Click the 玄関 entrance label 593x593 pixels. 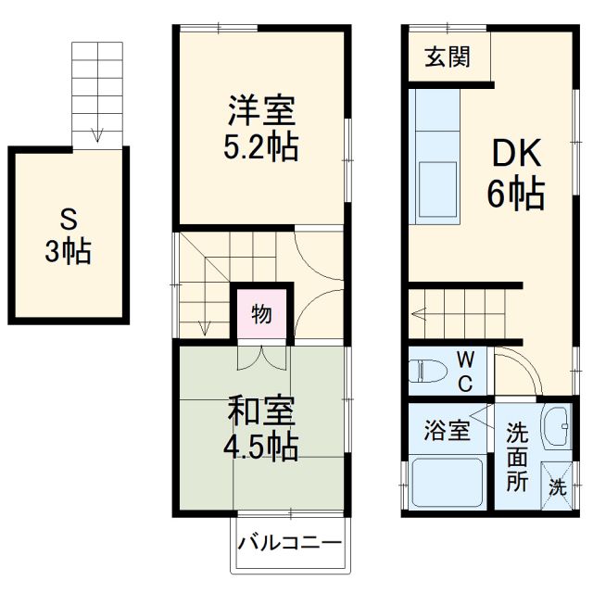[x=447, y=57]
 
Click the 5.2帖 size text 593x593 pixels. [x=262, y=148]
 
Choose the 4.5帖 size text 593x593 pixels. [x=262, y=448]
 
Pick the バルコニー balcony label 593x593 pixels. [x=289, y=543]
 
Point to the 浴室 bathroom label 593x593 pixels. [x=447, y=430]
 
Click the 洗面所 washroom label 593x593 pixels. [x=516, y=456]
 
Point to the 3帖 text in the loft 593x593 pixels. [x=69, y=252]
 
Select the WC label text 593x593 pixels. [x=466, y=370]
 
